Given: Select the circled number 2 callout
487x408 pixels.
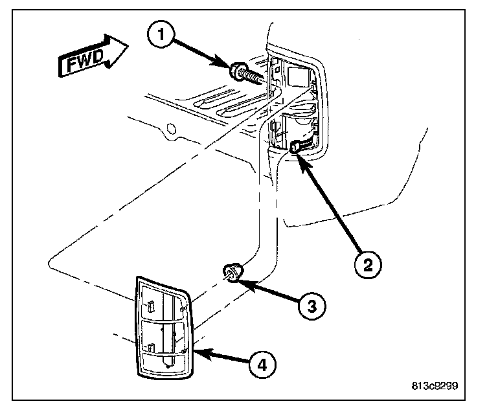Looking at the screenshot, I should pos(368,264).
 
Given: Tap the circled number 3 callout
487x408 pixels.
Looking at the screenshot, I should pos(311,304).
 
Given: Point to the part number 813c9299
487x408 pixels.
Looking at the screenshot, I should pos(435,386).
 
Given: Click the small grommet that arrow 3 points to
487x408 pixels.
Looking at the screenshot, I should pos(232,272).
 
